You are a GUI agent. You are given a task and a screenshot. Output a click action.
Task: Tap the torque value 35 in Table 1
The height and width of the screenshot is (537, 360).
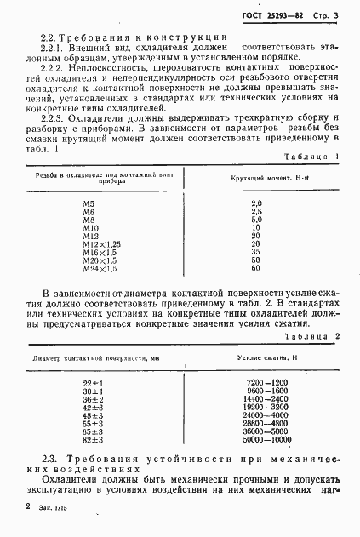point(256,252)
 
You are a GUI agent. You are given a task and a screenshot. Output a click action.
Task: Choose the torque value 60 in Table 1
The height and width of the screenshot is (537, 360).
point(256,268)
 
